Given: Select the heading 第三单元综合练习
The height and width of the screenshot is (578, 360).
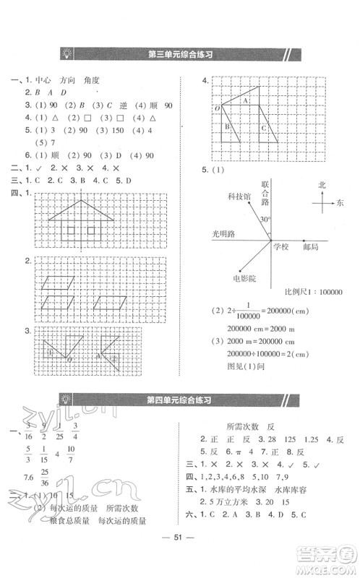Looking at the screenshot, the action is tap(179, 53).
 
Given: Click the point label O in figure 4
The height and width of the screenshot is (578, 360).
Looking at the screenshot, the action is tap(215, 108).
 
